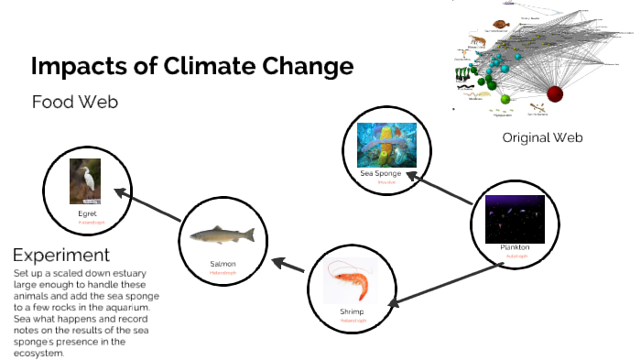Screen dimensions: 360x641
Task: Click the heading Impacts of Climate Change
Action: pyautogui.click(x=191, y=67)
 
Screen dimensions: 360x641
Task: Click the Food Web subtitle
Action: pyautogui.click(x=75, y=102)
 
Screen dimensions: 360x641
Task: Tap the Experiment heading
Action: pyautogui.click(x=61, y=255)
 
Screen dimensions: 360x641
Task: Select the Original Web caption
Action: pyautogui.click(x=542, y=137)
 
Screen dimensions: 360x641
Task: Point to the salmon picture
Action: pyautogui.click(x=223, y=235)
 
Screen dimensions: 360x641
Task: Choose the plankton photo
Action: pyautogui.click(x=515, y=218)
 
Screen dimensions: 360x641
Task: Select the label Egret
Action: pyautogui.click(x=87, y=213)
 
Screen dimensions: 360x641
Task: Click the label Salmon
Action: pyautogui.click(x=223, y=264)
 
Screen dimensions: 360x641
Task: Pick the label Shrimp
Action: pyautogui.click(x=352, y=312)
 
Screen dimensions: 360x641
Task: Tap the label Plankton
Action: pyautogui.click(x=515, y=248)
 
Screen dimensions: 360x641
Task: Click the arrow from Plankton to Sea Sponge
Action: pyautogui.click(x=442, y=186)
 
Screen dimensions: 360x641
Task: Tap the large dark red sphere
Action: pyautogui.click(x=555, y=93)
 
